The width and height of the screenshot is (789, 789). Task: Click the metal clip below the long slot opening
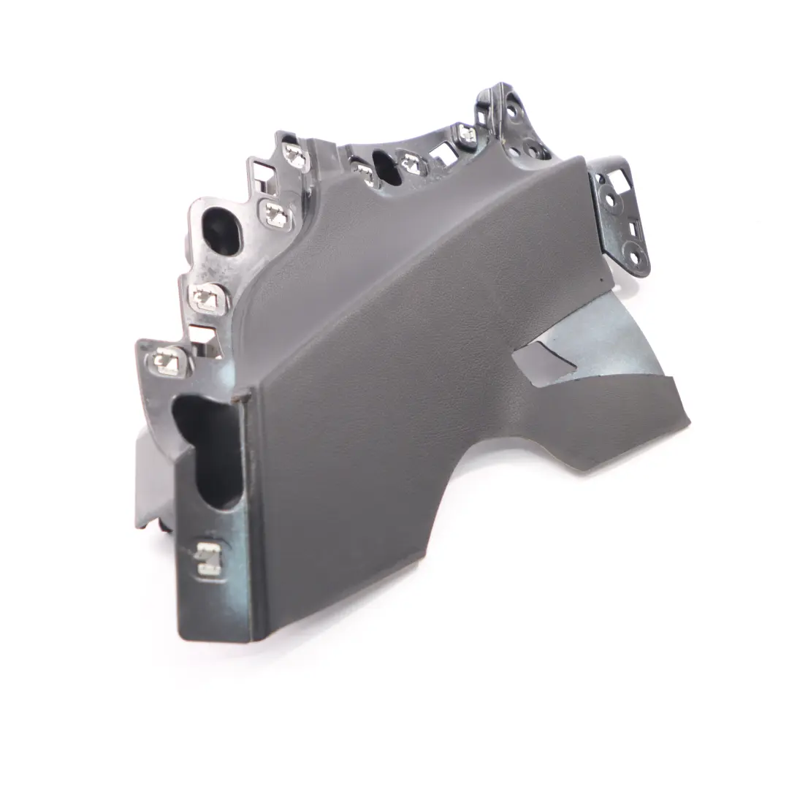coord(209,559)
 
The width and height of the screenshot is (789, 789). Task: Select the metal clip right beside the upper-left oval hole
coord(275,213)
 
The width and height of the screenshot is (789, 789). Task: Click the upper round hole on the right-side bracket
coord(612,199)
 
